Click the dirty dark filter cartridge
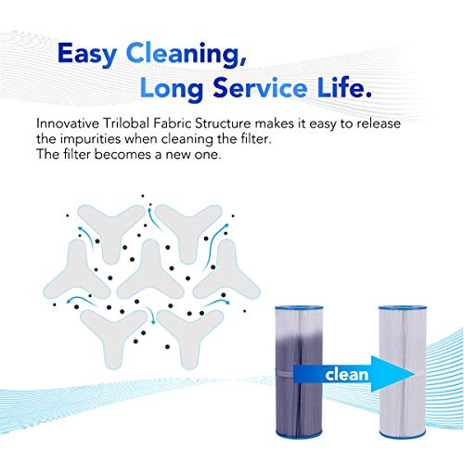click(299, 371)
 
